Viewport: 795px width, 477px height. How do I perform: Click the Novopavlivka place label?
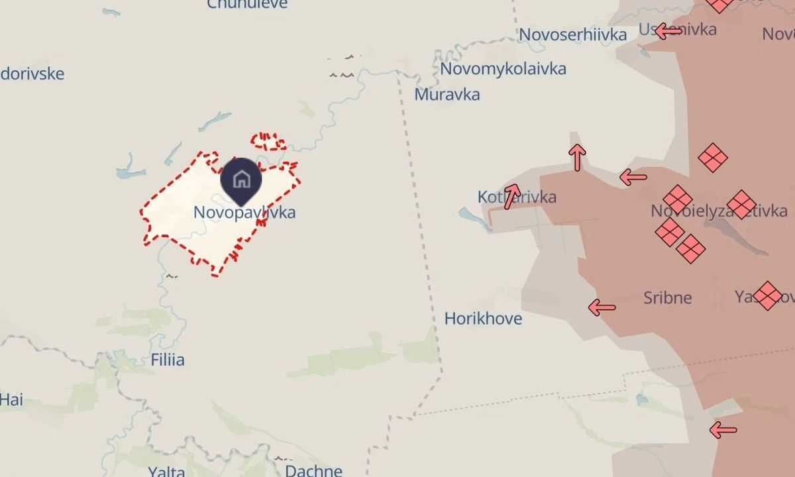244,213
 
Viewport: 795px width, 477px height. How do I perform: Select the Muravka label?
447,95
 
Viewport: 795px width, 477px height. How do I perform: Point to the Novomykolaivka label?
503,69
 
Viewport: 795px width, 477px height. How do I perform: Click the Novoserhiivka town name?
572,34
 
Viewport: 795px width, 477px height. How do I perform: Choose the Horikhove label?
483,319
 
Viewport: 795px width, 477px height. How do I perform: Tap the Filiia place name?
168,360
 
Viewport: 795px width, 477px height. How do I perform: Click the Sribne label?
668,298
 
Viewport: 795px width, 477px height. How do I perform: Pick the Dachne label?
313,471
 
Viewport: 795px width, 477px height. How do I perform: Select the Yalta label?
166,472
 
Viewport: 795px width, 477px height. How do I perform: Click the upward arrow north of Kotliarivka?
577,157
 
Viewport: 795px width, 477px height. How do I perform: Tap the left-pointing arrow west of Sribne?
602,307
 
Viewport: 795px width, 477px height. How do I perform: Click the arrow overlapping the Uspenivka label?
668,30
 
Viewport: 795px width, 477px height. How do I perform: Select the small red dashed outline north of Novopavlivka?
268,141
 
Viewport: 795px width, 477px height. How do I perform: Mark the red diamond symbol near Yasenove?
767,295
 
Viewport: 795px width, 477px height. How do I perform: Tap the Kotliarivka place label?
517,197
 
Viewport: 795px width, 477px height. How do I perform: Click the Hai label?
11,399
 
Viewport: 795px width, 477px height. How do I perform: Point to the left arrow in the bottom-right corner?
723,430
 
